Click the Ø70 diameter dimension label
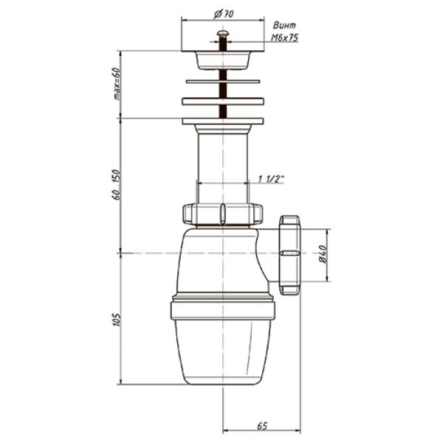click(224, 13)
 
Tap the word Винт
click(284, 25)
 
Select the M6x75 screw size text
click(284, 38)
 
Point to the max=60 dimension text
click(117, 83)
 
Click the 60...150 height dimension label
click(116, 185)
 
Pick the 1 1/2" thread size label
click(271, 179)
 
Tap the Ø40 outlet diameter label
click(323, 254)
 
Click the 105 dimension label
click(117, 320)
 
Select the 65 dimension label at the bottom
click(262, 426)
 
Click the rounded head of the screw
click(223, 34)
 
